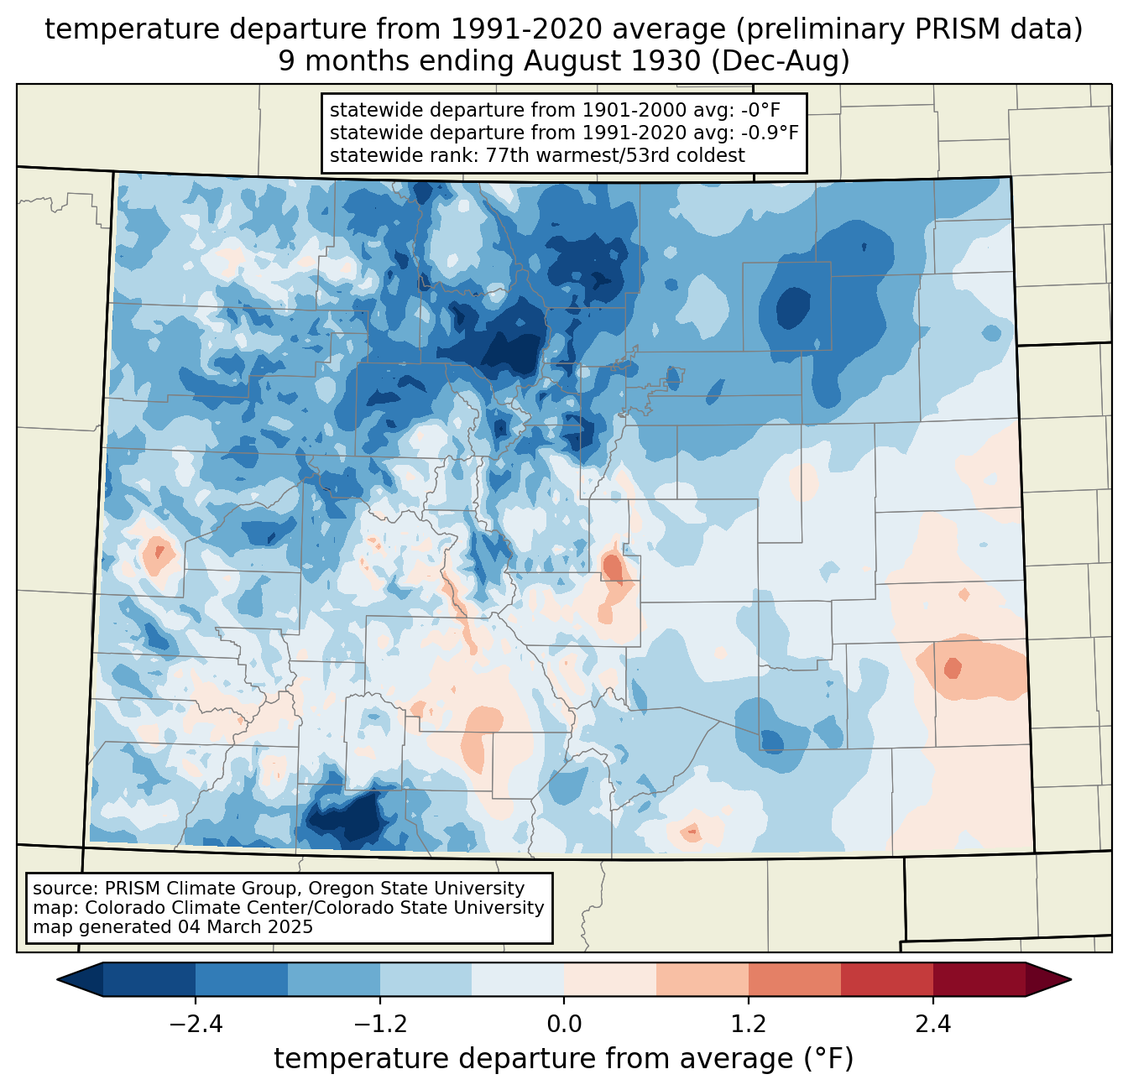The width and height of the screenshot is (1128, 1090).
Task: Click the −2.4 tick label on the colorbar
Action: (195, 1025)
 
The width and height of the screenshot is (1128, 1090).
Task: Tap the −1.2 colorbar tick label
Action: (379, 1025)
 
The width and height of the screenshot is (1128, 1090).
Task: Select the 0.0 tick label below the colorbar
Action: (564, 1025)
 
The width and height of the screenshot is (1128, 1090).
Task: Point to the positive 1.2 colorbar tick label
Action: (749, 1025)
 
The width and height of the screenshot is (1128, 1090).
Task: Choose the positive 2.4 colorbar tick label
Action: (933, 1025)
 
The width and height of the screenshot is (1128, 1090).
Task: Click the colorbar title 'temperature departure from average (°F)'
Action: (564, 1059)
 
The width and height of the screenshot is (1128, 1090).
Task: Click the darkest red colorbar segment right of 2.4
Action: (979, 979)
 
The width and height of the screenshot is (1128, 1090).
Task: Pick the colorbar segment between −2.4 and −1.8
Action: (241, 979)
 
